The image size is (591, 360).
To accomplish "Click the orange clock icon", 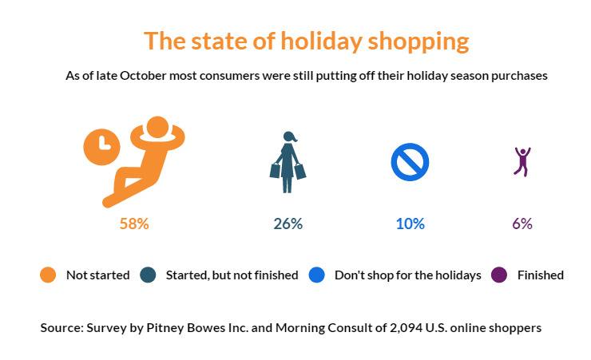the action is point(101,147).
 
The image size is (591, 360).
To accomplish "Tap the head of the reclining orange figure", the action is point(157,127).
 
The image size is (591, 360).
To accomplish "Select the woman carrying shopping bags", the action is point(288,162).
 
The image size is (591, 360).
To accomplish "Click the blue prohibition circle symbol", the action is point(410,162).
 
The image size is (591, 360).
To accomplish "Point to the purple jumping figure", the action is point(522,161).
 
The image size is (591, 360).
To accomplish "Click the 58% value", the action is point(134,224).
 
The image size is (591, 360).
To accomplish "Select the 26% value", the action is point(288,224).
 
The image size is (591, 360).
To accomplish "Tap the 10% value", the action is point(410,224).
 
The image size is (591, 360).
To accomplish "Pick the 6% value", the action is point(522,224).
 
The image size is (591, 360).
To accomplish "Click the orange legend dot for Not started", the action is point(48,275).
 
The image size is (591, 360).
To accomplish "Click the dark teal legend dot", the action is point(148,275).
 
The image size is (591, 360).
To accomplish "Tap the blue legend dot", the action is point(316,275).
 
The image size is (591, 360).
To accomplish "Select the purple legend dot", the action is point(499,275).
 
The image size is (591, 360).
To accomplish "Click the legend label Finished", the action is point(541,275).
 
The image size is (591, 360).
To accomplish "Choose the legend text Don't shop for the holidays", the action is point(408,275).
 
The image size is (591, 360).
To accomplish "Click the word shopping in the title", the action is point(418,42).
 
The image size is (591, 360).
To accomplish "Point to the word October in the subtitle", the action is point(143,76).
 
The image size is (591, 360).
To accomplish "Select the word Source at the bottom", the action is point(61,328).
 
